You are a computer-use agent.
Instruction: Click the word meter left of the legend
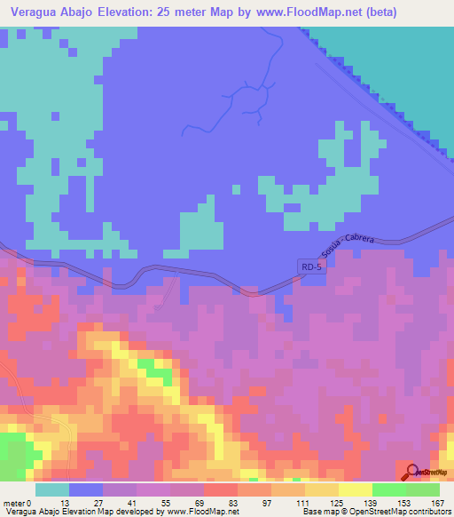pyautogui.click(x=13, y=503)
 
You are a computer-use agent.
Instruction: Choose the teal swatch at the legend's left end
pyautogui.click(x=52, y=489)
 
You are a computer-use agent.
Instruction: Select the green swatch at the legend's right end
pyautogui.click(x=423, y=489)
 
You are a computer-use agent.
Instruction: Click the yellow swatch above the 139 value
pyautogui.click(x=356, y=489)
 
